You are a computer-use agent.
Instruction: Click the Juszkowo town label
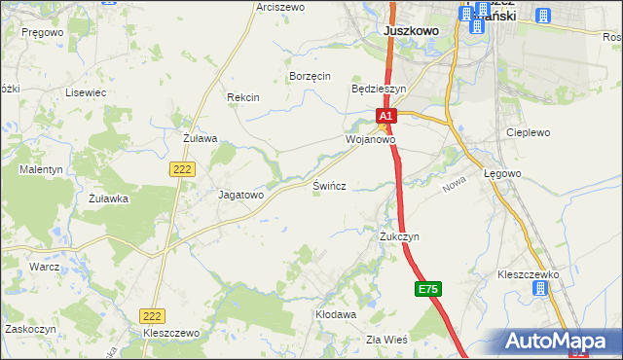tap(411, 31)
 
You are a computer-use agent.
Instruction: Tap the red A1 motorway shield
tap(385, 116)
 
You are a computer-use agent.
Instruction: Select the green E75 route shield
tap(428, 290)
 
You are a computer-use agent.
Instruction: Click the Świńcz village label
tap(329, 185)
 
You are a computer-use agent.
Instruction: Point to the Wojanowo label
tap(370, 139)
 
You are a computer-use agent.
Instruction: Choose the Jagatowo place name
tap(240, 195)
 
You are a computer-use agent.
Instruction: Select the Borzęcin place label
tap(311, 76)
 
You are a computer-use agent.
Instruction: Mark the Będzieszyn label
tap(378, 88)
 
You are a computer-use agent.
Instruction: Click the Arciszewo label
tap(280, 7)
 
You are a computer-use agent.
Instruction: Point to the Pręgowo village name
tap(41, 31)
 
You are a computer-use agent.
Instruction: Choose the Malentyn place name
tap(41, 169)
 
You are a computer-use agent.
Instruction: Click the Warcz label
tap(45, 266)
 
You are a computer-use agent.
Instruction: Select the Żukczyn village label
tap(399, 236)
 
